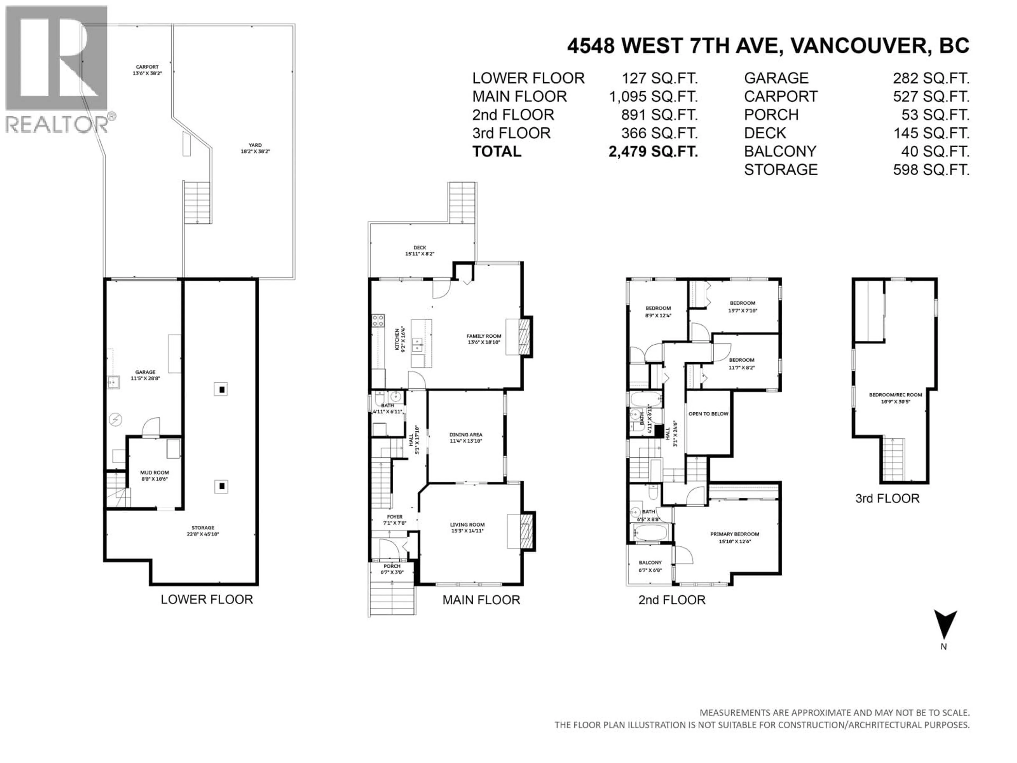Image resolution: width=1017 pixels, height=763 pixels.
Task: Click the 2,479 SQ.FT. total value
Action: coord(653,151)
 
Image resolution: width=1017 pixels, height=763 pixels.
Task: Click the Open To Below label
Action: coord(708,414)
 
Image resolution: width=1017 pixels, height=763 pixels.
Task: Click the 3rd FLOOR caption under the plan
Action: coord(887,499)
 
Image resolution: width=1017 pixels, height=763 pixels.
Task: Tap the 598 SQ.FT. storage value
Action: coord(931,170)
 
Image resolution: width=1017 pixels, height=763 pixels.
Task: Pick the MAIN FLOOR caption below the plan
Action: coord(481,600)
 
